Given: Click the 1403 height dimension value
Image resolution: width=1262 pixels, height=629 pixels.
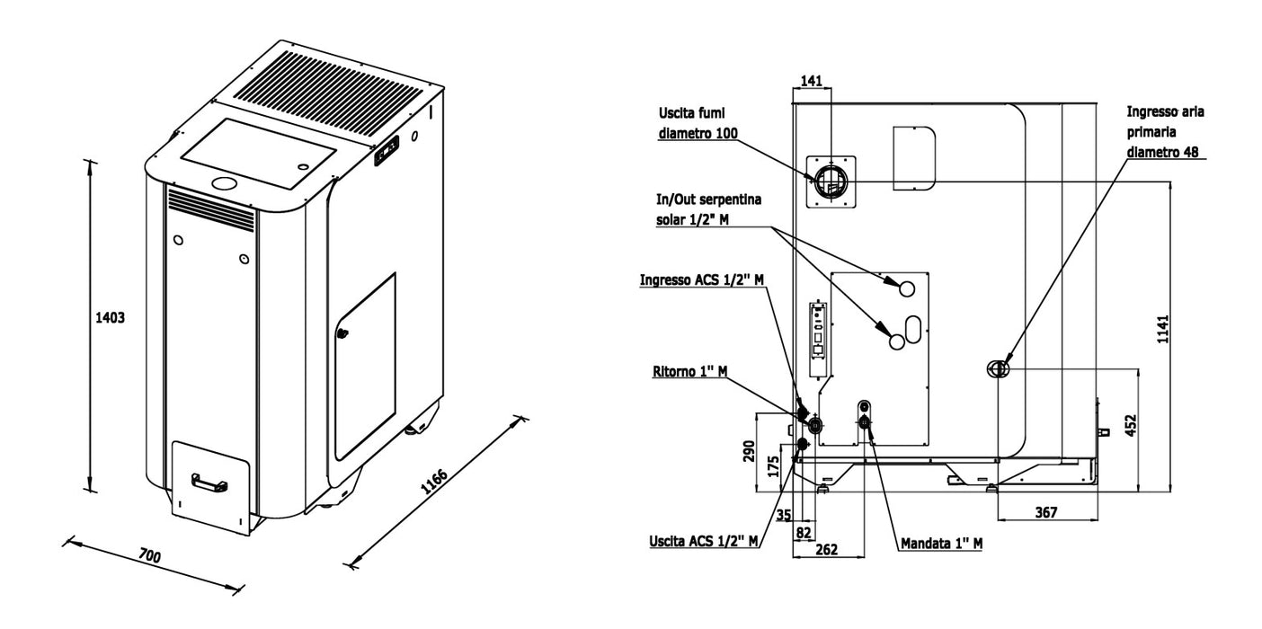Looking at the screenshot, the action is pos(110,317).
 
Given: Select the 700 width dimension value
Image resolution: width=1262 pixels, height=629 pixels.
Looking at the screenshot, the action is pos(150,556).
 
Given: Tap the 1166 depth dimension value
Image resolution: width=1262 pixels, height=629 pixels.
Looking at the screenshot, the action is pos(434,481).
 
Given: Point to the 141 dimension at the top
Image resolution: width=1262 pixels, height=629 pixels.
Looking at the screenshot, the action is pos(812,81).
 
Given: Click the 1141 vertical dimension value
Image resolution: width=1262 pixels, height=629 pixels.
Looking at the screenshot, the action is pos(1163,330).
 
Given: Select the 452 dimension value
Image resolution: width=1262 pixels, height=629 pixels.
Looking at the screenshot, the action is pos(1132,425).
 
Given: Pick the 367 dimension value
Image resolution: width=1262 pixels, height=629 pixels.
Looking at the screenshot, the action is pos(1046,512).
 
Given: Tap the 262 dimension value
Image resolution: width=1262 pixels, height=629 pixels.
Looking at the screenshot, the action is pos(826,549).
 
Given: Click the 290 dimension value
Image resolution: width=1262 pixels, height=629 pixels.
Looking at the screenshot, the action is pos(749,451).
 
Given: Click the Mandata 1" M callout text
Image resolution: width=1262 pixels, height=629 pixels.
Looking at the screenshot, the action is pos(941,544).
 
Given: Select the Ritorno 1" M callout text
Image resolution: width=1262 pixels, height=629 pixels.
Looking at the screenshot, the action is pos(689,372).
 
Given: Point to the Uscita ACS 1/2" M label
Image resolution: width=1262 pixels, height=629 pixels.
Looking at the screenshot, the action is pos(704,541).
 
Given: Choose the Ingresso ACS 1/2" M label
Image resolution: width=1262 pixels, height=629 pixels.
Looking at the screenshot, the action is pos(702,279).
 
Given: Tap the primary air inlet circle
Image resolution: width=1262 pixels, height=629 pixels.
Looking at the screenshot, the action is pos(999,368).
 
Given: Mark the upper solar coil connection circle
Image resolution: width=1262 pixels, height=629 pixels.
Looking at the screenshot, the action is pos(906,288).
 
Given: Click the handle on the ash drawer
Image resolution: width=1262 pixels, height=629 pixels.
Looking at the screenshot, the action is pos(209,483).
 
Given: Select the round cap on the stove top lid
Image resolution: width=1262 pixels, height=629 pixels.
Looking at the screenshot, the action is pos(225,183).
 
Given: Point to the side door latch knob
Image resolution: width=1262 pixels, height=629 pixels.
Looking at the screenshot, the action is pos(342,333).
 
